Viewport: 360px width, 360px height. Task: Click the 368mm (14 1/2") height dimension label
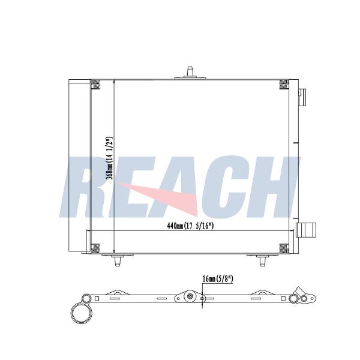coord(109,158)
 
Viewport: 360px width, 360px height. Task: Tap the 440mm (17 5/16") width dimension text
coord(190,226)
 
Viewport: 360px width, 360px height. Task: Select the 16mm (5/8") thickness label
coord(218,279)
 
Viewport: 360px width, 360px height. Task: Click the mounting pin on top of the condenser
coord(190,73)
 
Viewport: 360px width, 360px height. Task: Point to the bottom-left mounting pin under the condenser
coord(118,260)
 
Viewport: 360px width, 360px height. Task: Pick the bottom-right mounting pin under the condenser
coord(263,260)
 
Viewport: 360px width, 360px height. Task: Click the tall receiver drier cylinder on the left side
coord(79,166)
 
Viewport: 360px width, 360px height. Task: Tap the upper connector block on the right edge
coord(302,97)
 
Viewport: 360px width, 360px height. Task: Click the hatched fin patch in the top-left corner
coord(95,85)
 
